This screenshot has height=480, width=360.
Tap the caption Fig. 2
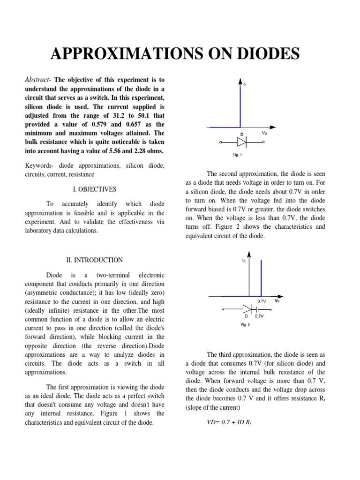(245, 324)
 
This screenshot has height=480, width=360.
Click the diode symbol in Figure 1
(242, 142)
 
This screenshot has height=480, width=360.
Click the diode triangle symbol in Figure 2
(247, 309)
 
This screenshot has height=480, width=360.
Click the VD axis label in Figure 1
(264, 133)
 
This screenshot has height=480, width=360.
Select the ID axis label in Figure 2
(244, 261)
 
